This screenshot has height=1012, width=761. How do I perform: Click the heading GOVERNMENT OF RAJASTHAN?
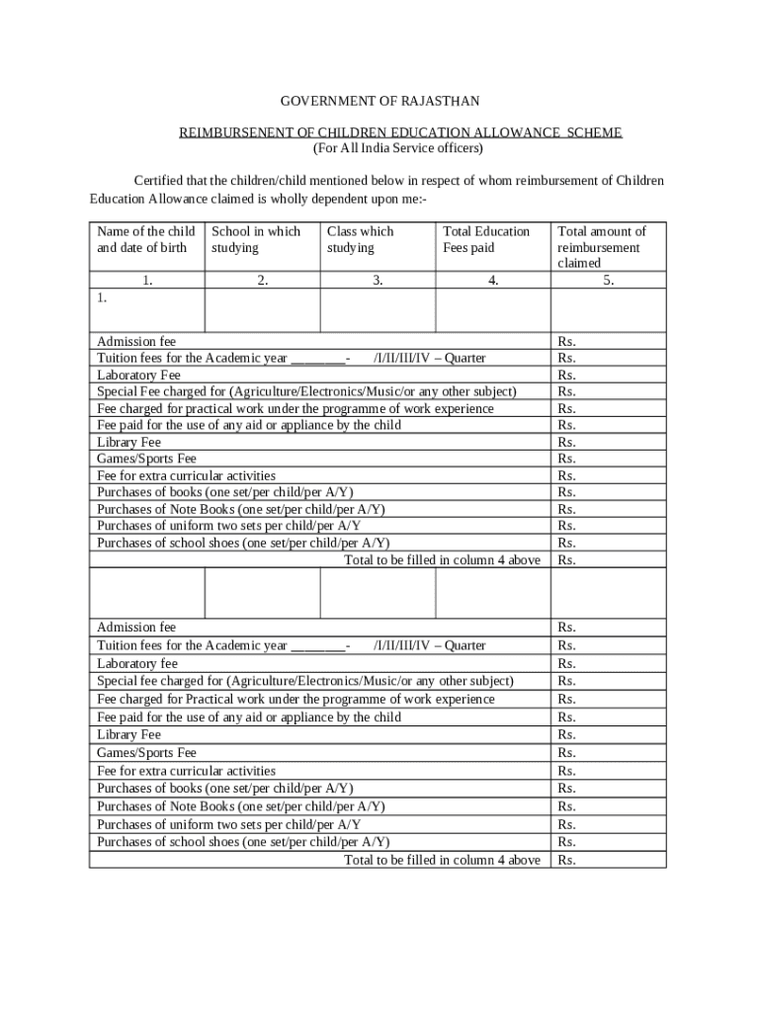coord(380,101)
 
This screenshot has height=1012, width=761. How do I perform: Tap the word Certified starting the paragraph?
coord(161,181)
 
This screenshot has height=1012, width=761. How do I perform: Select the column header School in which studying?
coord(255,239)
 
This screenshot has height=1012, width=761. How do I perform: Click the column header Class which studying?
coord(360,239)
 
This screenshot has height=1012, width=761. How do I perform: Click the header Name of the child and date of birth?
coord(145,239)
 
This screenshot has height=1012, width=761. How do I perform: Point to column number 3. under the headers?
coord(378,281)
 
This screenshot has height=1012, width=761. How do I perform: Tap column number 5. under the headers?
coord(609,281)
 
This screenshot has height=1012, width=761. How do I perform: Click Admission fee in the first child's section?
coord(136,341)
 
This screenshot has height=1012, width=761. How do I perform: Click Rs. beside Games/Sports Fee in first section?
coord(567,459)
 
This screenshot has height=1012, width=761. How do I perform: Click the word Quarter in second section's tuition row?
coord(465,645)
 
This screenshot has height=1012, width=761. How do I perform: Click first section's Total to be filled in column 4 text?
coord(442,559)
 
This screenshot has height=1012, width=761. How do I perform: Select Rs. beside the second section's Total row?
coord(567,860)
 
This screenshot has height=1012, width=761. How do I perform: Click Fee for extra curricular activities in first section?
coord(186,475)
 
